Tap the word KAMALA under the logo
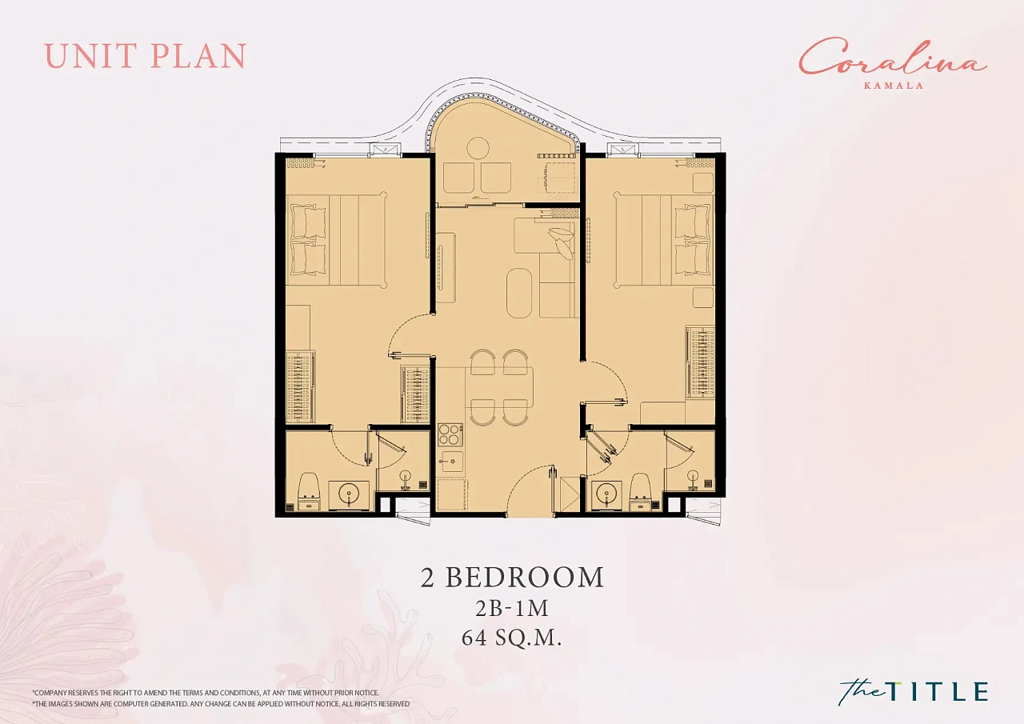(x=894, y=86)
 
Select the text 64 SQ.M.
(x=511, y=638)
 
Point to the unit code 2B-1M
(x=511, y=608)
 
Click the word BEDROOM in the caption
(x=524, y=578)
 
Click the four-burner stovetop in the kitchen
(x=450, y=434)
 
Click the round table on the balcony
(x=478, y=149)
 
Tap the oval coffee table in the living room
(x=519, y=293)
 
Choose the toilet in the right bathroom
(x=639, y=491)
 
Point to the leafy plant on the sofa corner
(x=561, y=242)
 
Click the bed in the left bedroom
(x=337, y=241)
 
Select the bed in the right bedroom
(x=664, y=241)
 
